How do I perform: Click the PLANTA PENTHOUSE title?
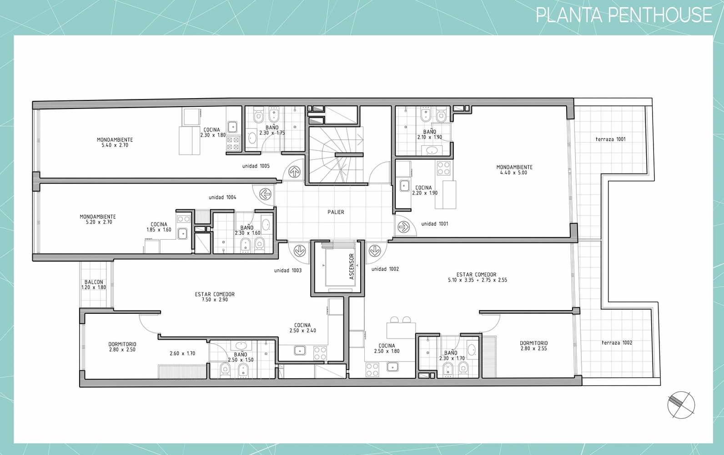click(x=624, y=15)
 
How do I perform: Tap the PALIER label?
click(x=336, y=212)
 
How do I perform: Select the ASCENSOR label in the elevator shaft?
click(x=352, y=267)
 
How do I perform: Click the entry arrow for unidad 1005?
click(x=294, y=171)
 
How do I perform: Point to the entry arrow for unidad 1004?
click(x=265, y=194)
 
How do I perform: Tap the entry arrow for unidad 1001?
click(x=403, y=227)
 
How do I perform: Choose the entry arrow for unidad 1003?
click(x=300, y=250)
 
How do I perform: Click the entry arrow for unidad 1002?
click(x=375, y=250)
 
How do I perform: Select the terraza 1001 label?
click(x=611, y=139)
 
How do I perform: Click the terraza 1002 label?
click(x=617, y=343)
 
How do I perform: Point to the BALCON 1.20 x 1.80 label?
click(x=94, y=285)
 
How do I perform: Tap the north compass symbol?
click(x=681, y=405)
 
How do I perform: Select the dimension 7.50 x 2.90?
click(x=215, y=299)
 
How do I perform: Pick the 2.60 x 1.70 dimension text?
click(x=182, y=353)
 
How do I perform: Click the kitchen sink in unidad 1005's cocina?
click(x=232, y=127)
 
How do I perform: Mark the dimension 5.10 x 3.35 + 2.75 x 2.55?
click(x=478, y=280)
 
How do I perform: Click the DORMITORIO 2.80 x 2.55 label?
click(x=533, y=346)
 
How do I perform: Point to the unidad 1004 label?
click(x=222, y=197)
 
